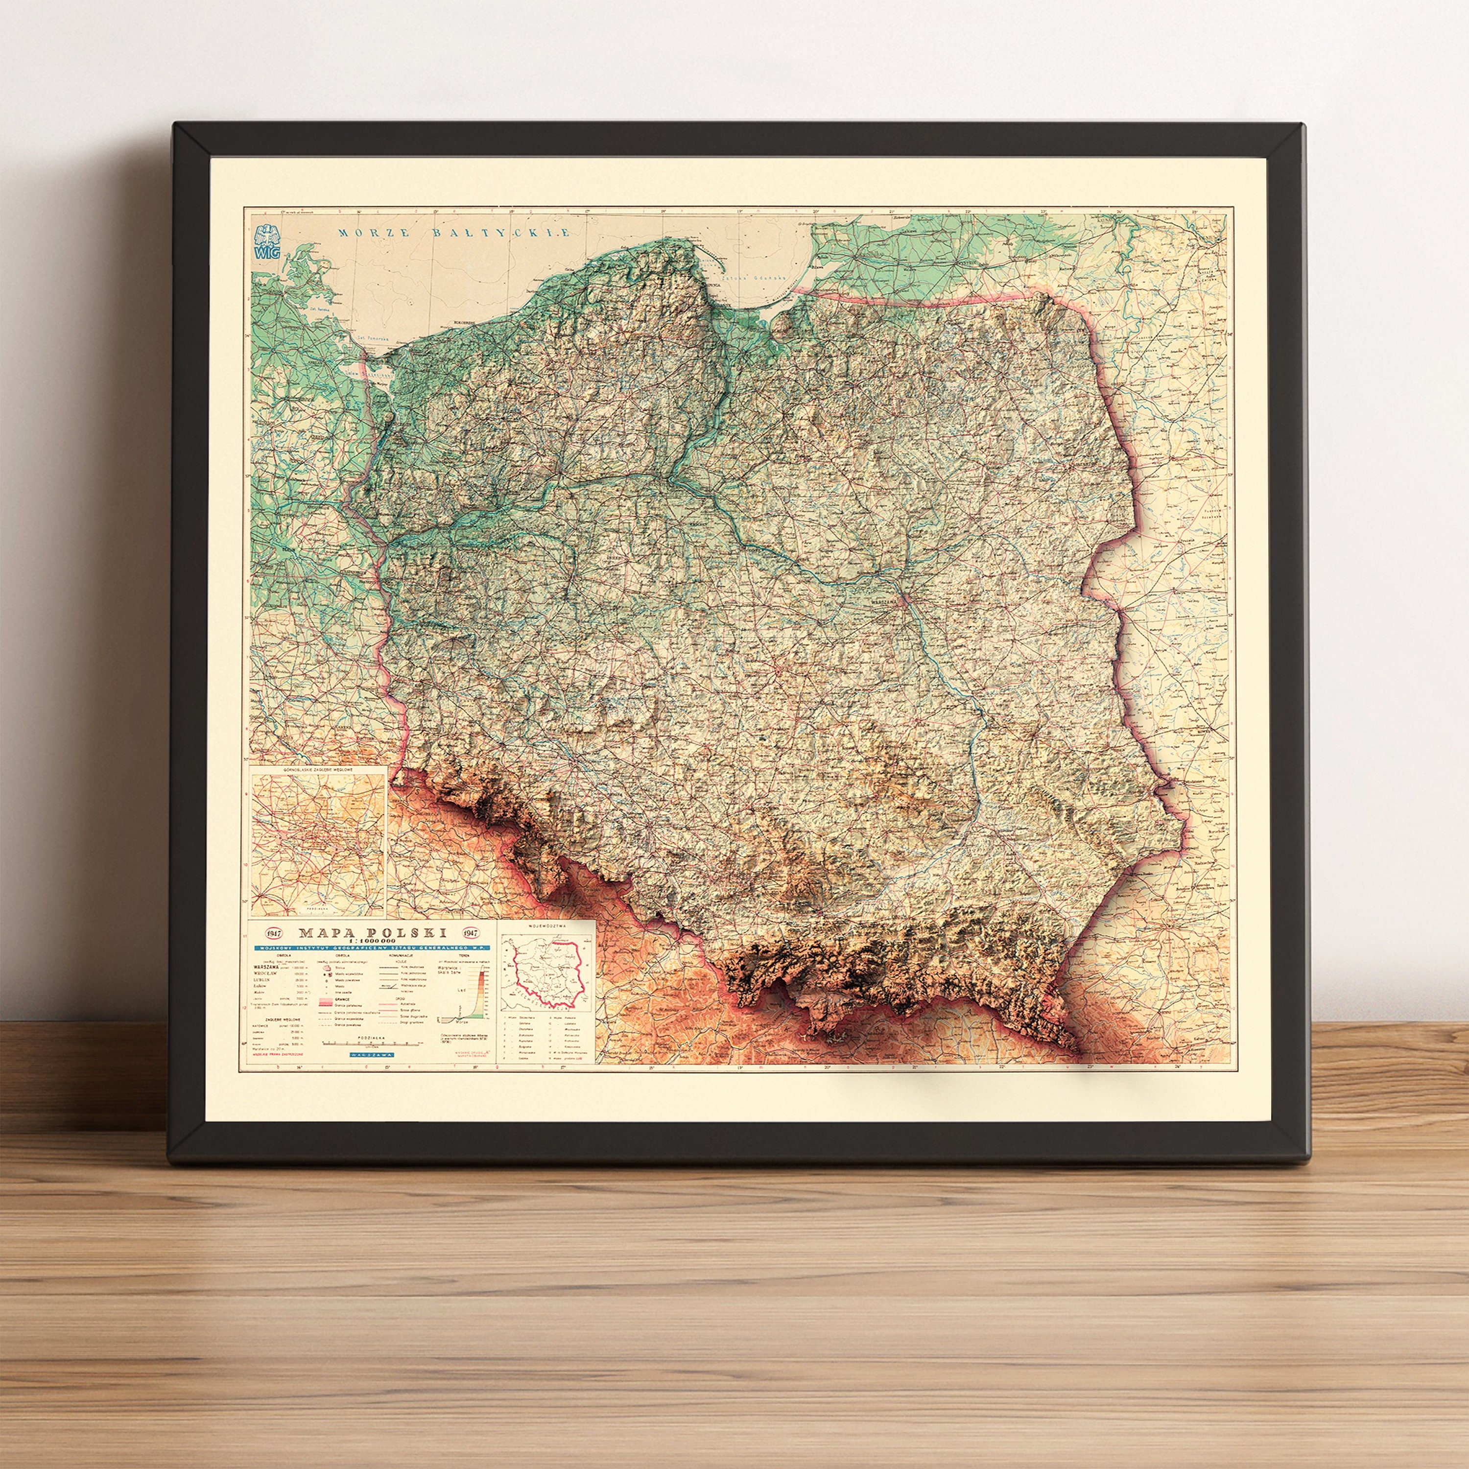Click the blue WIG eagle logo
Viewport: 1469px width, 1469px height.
(268, 242)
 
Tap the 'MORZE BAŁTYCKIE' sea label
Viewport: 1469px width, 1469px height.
(454, 233)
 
